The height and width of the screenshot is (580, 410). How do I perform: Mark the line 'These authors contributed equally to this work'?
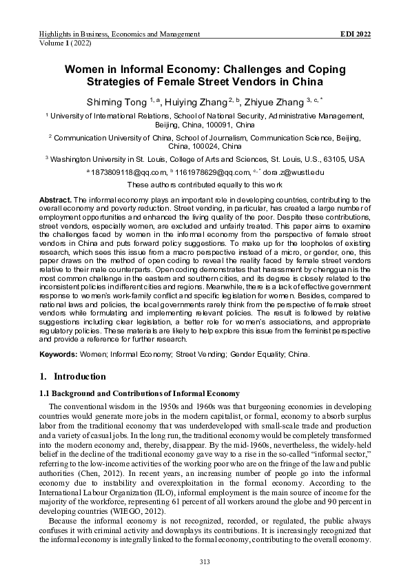(x=205, y=185)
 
